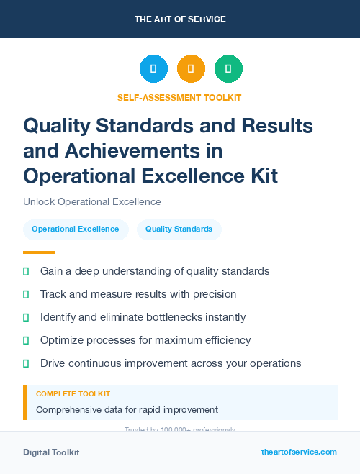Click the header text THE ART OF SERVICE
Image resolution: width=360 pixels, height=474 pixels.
coord(180,19)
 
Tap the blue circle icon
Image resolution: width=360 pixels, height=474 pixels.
coord(153,69)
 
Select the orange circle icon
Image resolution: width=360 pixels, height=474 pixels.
coord(191,69)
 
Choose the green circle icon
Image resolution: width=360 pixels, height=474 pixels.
coord(228,69)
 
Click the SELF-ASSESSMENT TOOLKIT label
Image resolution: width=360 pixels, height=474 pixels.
coord(179,97)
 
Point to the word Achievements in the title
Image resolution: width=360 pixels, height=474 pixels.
coord(141,151)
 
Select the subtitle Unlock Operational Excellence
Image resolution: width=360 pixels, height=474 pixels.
coord(92,201)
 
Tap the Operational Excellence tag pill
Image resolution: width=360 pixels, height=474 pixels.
coord(76,229)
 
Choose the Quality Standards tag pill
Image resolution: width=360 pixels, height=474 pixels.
coord(179,229)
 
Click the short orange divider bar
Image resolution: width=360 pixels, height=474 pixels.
coord(39,252)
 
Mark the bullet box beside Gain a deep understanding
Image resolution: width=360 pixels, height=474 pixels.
coord(26,271)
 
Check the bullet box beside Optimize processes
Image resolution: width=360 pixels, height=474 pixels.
coord(26,340)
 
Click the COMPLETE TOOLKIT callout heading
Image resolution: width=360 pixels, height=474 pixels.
coord(73,394)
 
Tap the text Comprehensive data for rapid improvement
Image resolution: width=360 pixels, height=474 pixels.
coord(127,410)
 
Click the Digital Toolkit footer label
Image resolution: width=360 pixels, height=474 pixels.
coord(51,452)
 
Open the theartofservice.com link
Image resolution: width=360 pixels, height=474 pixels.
coord(299,452)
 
